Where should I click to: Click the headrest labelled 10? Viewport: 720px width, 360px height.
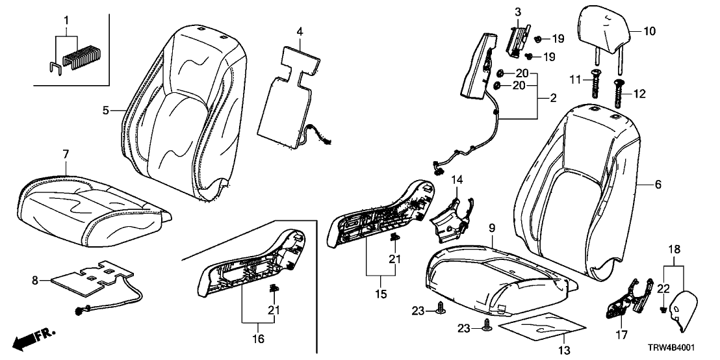click(602, 28)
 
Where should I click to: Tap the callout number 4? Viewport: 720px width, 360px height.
click(300, 31)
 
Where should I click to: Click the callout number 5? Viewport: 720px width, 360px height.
click(105, 110)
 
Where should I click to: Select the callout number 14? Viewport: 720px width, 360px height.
click(456, 179)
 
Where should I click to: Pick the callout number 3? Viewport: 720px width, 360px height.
click(518, 12)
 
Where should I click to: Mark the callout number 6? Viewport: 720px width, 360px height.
click(658, 185)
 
